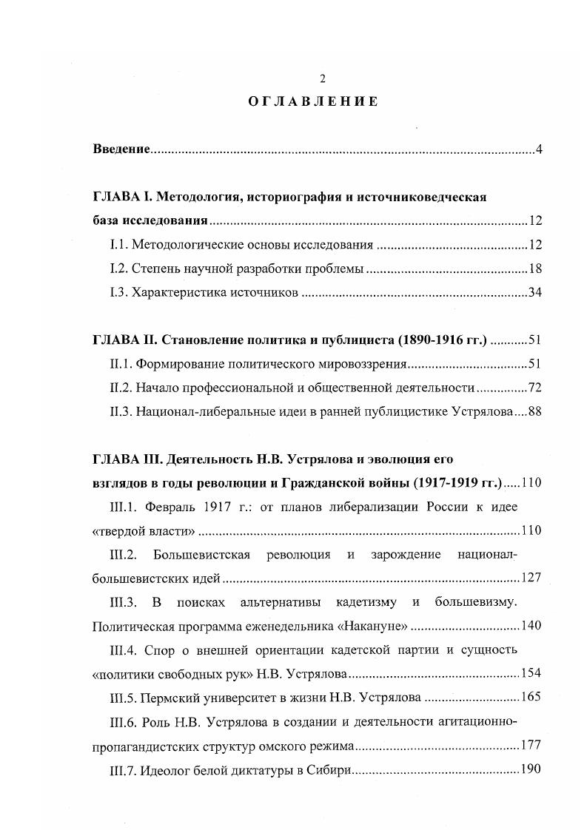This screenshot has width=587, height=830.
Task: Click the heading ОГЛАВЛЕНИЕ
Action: [313, 102]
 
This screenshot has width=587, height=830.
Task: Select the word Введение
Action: [121, 150]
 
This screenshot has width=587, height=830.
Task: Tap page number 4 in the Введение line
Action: [540, 150]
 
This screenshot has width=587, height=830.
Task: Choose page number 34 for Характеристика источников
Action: [535, 292]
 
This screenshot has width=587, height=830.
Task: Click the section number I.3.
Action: [117, 292]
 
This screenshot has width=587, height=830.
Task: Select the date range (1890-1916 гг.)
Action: [442, 340]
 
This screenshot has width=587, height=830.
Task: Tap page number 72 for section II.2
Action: [535, 388]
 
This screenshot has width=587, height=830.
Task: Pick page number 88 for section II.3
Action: [535, 411]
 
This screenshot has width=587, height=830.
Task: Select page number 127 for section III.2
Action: [531, 578]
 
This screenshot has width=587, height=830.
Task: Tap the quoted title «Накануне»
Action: [371, 625]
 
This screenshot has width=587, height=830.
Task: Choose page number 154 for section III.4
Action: [531, 672]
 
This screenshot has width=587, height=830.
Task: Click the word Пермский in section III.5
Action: [169, 696]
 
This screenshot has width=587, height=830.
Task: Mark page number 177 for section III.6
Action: [531, 744]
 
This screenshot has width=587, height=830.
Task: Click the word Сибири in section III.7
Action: [326, 768]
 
